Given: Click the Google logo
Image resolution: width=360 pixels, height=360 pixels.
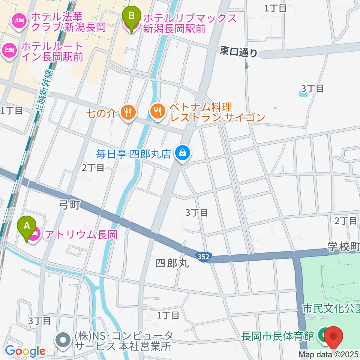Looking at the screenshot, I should coord(25,351).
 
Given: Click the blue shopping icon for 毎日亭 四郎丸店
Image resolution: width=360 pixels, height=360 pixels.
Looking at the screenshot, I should coord(182,153).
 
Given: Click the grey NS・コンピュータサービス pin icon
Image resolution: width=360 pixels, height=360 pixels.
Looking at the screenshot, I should coord(62,340).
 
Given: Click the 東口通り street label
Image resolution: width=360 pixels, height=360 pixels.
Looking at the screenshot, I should coord(239,52).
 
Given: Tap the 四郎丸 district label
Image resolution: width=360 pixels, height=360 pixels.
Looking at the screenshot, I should coord(171,263).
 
